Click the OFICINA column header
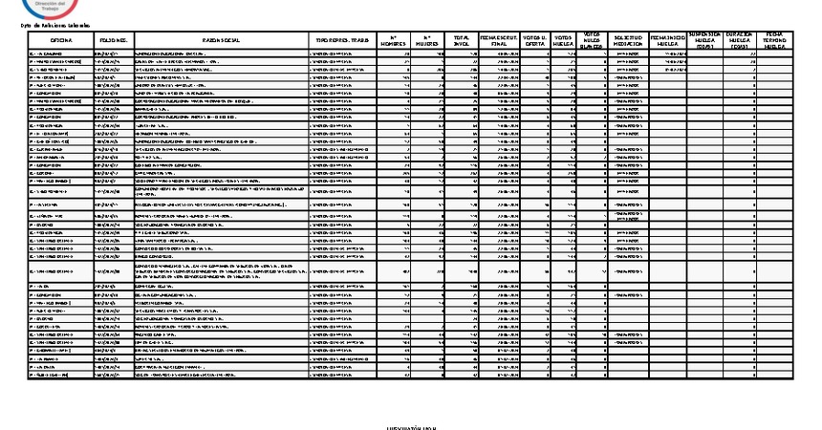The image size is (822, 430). click(62, 39)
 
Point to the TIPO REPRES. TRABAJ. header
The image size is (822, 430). click(343, 39)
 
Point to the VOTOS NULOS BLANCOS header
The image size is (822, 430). click(595, 39)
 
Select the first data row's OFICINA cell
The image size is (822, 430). click(62, 54)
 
